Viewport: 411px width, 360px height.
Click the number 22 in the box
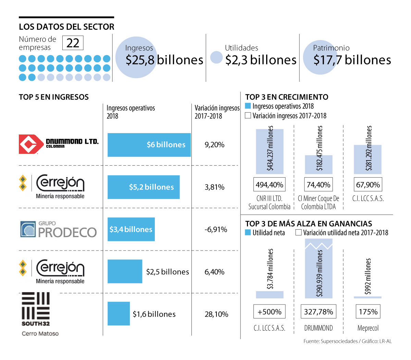[x=73, y=43]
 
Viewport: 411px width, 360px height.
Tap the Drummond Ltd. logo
[x=59, y=144]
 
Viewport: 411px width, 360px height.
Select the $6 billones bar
[x=149, y=145]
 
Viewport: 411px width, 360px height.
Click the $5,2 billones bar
[x=144, y=187]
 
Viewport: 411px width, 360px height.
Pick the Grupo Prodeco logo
[x=58, y=230]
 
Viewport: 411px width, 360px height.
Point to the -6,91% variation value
[x=216, y=229]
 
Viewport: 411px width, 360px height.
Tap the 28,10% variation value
[x=216, y=314]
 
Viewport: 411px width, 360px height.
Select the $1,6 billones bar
[x=119, y=313]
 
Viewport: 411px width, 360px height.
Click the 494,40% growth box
[x=270, y=185]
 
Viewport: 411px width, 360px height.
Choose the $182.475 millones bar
[x=319, y=164]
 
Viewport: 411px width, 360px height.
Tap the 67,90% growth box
[x=368, y=185]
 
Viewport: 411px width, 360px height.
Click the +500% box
[x=270, y=312]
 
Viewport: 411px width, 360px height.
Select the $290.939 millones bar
[x=319, y=269]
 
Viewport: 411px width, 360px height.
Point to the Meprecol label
[x=368, y=328]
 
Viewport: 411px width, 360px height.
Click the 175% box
[x=368, y=312]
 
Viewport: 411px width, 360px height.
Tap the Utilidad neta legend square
[x=248, y=233]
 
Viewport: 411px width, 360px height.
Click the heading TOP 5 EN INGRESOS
[x=54, y=97]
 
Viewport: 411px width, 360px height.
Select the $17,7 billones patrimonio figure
[x=352, y=60]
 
